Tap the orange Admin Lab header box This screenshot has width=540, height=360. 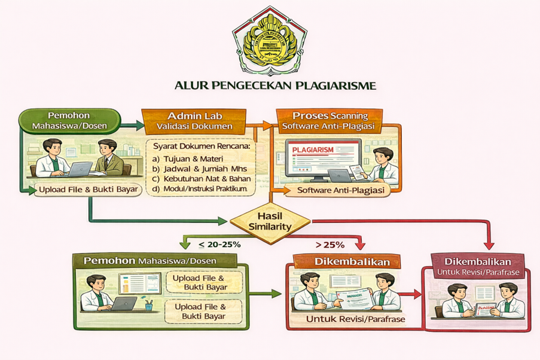193,120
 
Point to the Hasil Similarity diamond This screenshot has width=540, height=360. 270,221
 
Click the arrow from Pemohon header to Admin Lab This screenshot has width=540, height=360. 133,125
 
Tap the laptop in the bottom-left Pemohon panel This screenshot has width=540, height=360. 123,303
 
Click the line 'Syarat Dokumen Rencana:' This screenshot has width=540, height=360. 201,147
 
